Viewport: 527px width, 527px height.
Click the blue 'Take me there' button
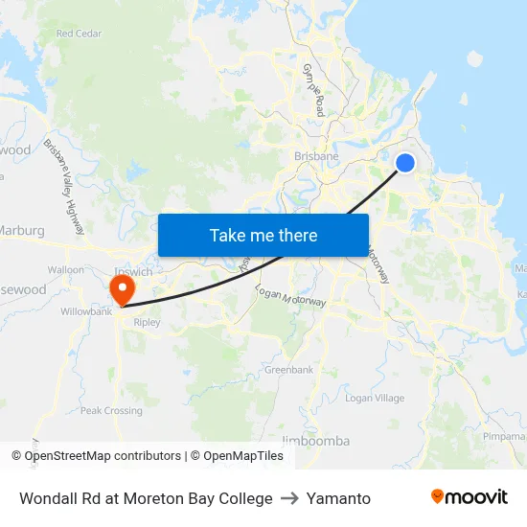click(263, 235)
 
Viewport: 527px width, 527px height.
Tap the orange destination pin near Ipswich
click(123, 288)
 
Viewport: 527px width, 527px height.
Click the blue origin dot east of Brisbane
click(405, 163)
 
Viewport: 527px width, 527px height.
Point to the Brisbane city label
click(315, 156)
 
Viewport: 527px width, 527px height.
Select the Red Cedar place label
click(79, 34)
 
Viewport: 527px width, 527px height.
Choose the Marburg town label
click(21, 230)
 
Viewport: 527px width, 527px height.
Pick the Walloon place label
click(66, 270)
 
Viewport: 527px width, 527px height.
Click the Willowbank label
click(86, 311)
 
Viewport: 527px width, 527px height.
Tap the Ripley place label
click(148, 323)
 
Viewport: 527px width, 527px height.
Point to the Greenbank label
click(288, 370)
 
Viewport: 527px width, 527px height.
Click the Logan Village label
click(375, 398)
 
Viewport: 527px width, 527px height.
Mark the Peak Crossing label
click(111, 411)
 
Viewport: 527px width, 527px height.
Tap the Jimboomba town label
click(316, 441)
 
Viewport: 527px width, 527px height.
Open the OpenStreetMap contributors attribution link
click(103, 456)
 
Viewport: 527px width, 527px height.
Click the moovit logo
click(469, 497)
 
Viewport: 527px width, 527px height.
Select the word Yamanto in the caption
click(338, 498)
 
